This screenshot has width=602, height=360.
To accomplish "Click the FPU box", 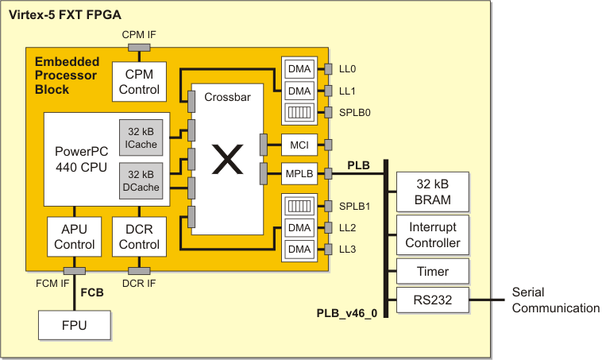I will click(x=75, y=326).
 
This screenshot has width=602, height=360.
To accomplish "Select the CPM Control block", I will click(x=139, y=82).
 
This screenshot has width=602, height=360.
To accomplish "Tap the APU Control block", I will click(x=75, y=237).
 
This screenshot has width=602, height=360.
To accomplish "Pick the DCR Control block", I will click(x=139, y=237).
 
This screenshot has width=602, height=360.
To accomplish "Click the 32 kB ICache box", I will click(x=141, y=137).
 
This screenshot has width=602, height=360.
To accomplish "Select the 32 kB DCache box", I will click(x=141, y=180).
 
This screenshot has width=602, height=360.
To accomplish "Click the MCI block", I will click(x=298, y=145).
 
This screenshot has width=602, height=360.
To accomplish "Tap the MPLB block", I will click(x=298, y=172).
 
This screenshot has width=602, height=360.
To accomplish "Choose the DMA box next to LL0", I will click(x=299, y=69).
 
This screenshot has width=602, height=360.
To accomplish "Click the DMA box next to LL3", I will click(x=299, y=250).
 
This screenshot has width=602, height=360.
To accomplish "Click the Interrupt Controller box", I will click(x=433, y=234).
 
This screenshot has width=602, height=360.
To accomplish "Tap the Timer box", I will click(x=433, y=272).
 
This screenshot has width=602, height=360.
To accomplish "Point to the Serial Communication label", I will click(x=555, y=300).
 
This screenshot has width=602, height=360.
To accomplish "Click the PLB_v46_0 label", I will click(x=348, y=315).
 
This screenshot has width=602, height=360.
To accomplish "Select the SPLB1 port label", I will click(x=355, y=206).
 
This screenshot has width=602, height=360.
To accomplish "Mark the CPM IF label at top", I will click(x=139, y=35).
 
